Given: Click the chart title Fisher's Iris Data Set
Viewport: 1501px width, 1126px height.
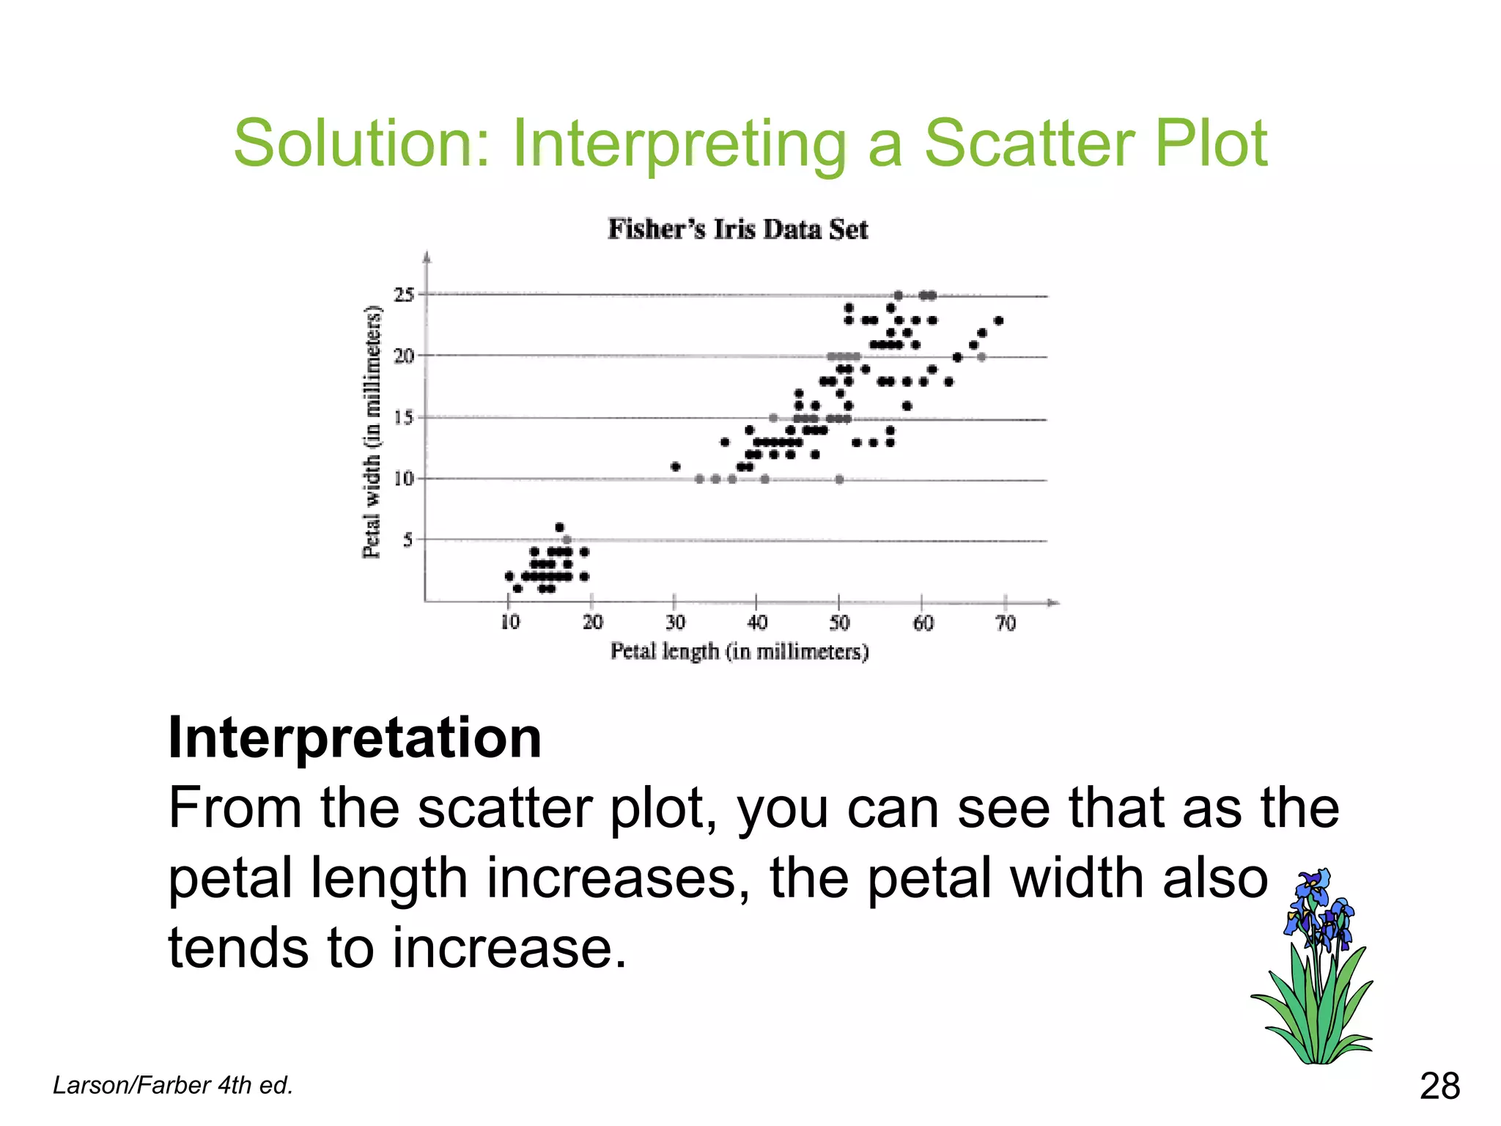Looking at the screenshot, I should click(x=737, y=229).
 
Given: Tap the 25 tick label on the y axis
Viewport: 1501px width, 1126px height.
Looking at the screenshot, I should click(x=404, y=295).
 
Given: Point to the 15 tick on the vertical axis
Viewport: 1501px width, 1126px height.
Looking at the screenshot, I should click(x=404, y=417).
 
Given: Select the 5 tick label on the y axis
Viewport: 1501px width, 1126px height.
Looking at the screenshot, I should click(x=407, y=540).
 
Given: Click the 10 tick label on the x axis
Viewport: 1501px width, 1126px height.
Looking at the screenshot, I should click(x=510, y=623).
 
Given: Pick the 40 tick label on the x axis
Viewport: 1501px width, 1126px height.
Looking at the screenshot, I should click(x=757, y=623).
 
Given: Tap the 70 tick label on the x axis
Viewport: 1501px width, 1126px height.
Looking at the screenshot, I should click(x=1006, y=624).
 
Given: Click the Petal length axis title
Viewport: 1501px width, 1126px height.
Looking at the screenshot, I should click(x=739, y=652).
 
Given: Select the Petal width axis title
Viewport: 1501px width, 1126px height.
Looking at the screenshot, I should click(x=372, y=433).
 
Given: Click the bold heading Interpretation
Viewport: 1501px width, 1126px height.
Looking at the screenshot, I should click(x=355, y=737).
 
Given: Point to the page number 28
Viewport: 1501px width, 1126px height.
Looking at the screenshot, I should click(x=1439, y=1086).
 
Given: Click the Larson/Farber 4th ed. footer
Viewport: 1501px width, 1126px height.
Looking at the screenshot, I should click(x=173, y=1085).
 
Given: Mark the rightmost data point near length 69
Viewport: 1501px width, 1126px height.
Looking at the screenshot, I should click(x=998, y=320).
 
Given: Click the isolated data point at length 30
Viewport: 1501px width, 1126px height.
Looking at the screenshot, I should click(x=675, y=467).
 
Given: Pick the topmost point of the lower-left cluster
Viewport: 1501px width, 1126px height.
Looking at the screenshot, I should click(x=560, y=527).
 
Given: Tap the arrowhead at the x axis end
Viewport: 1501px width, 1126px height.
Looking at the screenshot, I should click(x=1053, y=603).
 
